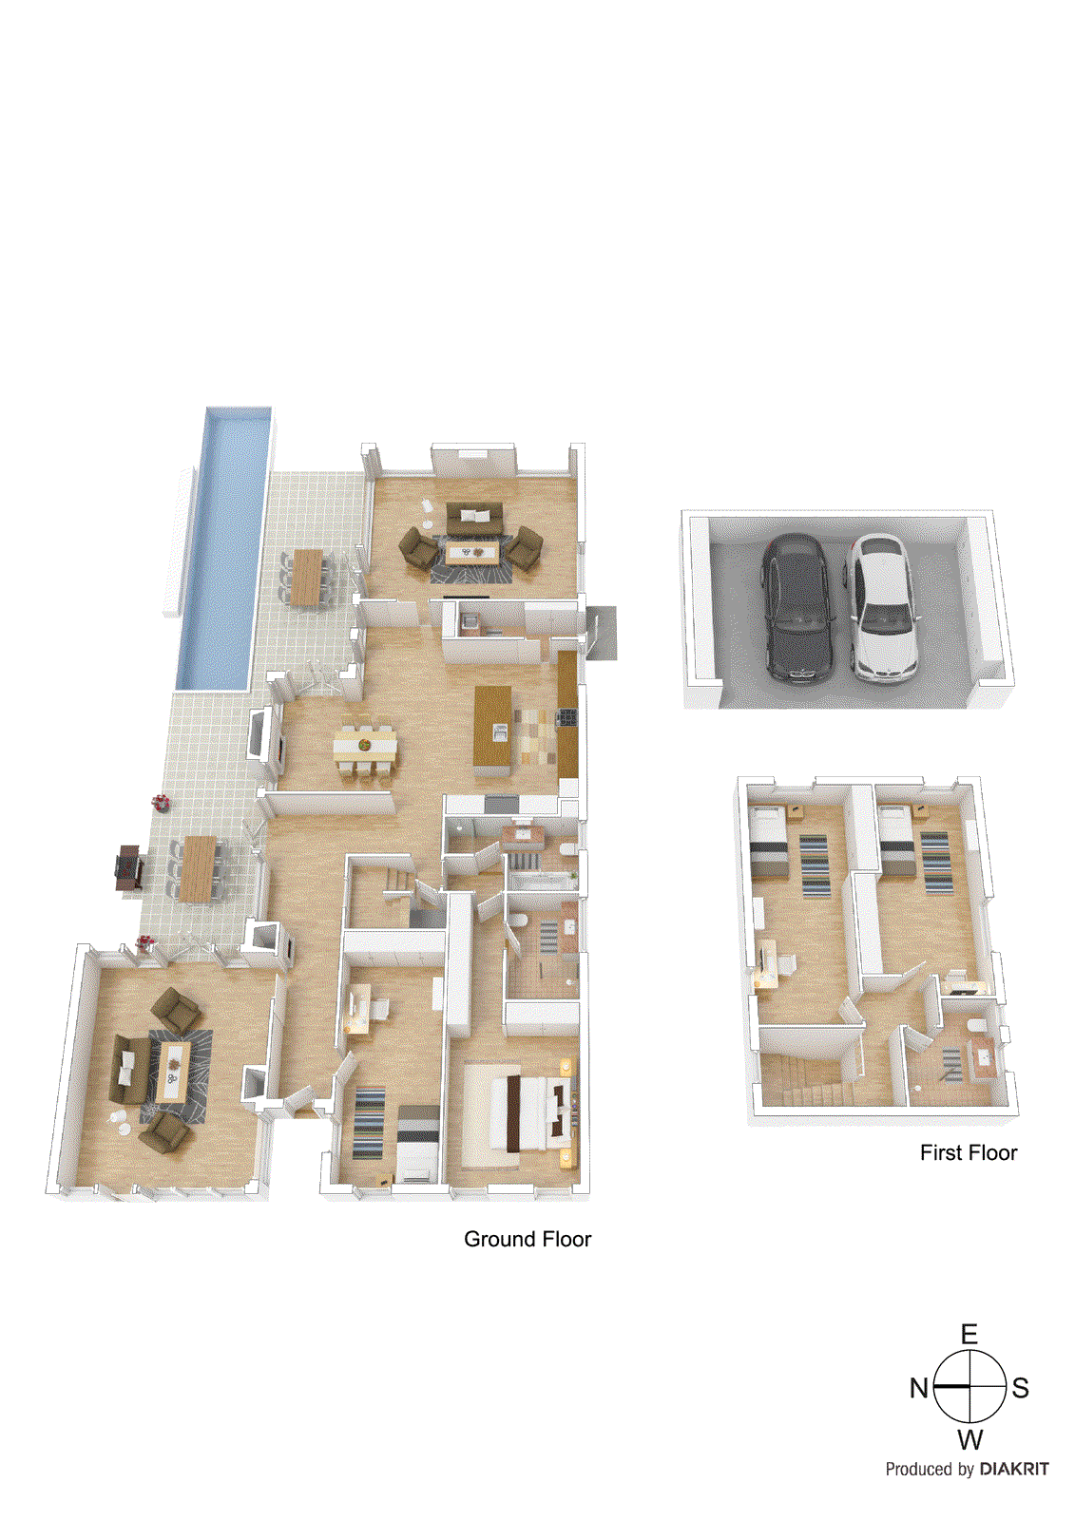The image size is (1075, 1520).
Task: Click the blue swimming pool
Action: [x=222, y=548]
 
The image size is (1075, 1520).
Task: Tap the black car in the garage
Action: [x=797, y=608]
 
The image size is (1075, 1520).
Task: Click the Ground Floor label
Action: [x=527, y=1239]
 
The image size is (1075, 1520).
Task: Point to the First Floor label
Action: [x=969, y=1152]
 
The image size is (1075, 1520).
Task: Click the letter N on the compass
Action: [x=919, y=1388]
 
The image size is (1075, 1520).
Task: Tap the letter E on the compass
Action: [x=969, y=1335]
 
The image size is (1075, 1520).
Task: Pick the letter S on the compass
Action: [x=1021, y=1388]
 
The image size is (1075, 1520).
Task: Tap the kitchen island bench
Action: [x=492, y=731]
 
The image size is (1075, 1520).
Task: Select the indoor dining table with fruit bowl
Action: [x=365, y=746]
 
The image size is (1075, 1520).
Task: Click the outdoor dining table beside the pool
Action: [x=307, y=576]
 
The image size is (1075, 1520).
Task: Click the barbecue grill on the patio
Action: [x=129, y=867]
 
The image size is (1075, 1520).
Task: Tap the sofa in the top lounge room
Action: [x=474, y=520]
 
